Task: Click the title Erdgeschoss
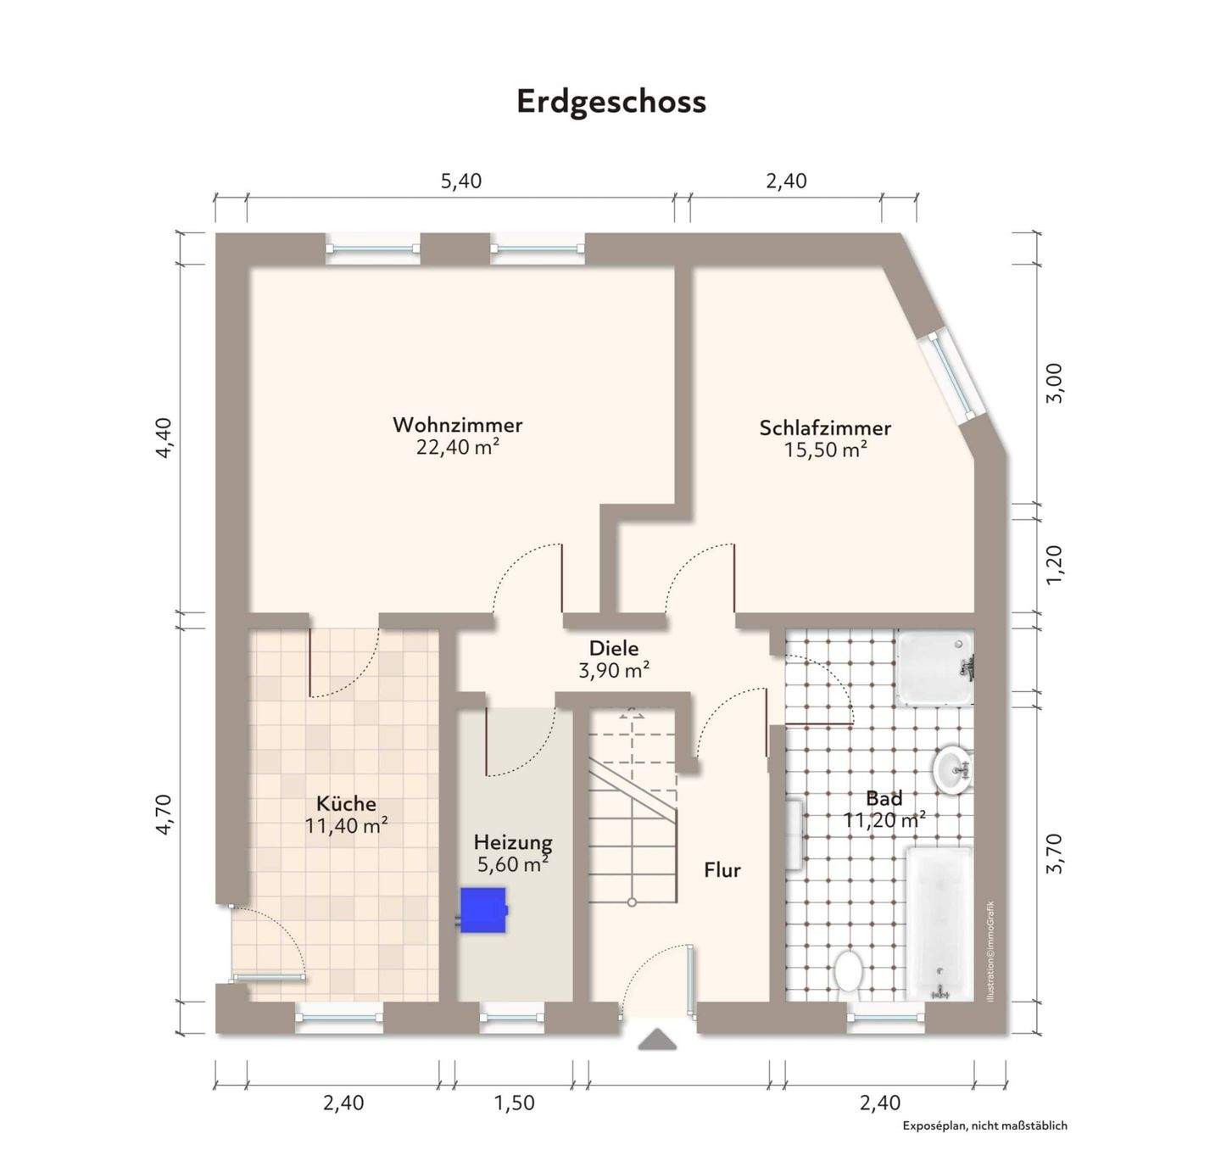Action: [x=610, y=101]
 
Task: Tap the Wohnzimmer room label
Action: [x=457, y=425]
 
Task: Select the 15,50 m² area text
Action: [x=824, y=450]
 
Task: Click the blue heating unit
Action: [x=483, y=910]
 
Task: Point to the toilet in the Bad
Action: [x=847, y=970]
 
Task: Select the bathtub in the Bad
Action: [x=939, y=923]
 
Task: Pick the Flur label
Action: [x=722, y=870]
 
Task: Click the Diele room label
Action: [x=614, y=649]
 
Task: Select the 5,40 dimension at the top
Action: [x=461, y=181]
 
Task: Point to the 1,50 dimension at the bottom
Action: [x=515, y=1103]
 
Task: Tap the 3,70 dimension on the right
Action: [x=1054, y=852]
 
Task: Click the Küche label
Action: [x=346, y=803]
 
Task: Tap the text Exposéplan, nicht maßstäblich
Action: [x=984, y=1126]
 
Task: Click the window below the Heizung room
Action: [x=512, y=1017]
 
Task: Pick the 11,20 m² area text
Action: [x=884, y=820]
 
